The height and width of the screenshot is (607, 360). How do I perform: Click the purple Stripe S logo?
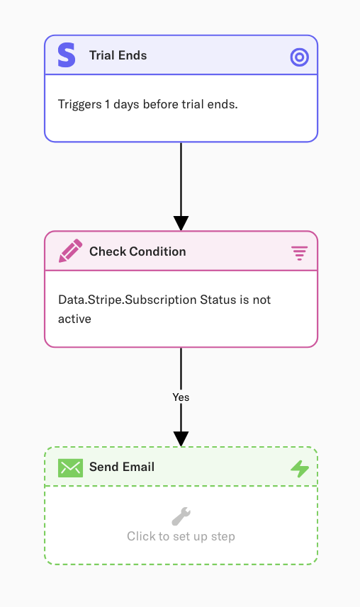click(x=67, y=55)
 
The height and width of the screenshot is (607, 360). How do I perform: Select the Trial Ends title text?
click(x=118, y=55)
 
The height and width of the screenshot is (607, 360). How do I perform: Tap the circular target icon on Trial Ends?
click(x=300, y=57)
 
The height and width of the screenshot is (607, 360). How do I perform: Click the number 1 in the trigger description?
click(x=107, y=104)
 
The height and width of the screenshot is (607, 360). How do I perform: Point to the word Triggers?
click(x=80, y=105)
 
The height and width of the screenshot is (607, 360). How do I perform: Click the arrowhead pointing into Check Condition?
click(x=181, y=223)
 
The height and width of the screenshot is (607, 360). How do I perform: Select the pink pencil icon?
click(x=71, y=251)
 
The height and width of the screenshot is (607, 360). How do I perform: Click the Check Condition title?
click(x=137, y=251)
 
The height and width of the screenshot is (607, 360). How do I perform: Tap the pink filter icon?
click(x=300, y=253)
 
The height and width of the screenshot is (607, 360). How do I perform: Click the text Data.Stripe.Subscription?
click(x=128, y=300)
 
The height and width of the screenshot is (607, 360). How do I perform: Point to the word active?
click(x=75, y=319)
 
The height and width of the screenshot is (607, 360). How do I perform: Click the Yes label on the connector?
click(x=181, y=397)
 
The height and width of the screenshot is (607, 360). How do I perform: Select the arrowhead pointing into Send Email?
click(x=181, y=439)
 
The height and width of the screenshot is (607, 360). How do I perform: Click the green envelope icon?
click(x=71, y=467)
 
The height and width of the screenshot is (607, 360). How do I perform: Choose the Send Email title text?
click(x=122, y=467)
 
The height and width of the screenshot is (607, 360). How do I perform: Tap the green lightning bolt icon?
click(x=300, y=468)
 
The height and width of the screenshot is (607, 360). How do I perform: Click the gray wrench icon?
click(x=181, y=516)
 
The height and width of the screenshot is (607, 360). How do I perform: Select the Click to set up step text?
click(x=181, y=537)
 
